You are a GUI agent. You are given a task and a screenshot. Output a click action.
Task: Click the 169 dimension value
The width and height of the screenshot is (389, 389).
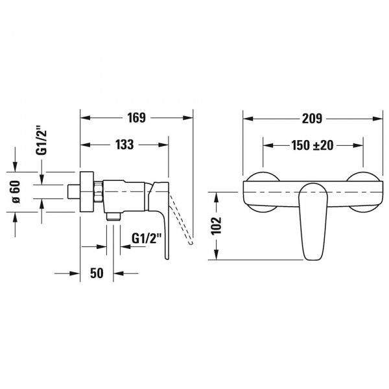pyautogui.click(x=136, y=117)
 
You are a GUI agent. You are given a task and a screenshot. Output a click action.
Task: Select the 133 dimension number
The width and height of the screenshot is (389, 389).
pyautogui.click(x=124, y=145)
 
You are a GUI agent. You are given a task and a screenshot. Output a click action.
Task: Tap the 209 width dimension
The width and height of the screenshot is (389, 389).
pyautogui.click(x=312, y=119)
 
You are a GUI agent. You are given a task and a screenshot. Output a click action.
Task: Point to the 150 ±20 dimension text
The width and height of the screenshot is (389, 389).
pyautogui.click(x=312, y=145)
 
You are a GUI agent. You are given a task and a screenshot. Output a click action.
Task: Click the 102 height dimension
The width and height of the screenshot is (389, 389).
pyautogui.click(x=216, y=226)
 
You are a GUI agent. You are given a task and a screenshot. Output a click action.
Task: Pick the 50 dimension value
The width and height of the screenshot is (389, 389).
pyautogui.click(x=97, y=273)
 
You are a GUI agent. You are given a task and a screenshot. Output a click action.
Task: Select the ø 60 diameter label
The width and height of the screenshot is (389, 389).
pyautogui.click(x=16, y=192)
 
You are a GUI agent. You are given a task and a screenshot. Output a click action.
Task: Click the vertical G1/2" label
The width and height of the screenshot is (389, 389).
pyautogui.click(x=41, y=141)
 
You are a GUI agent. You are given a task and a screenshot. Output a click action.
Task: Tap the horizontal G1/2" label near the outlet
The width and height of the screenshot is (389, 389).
pyautogui.click(x=147, y=239)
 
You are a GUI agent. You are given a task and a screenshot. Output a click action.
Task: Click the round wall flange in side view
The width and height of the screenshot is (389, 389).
pyautogui.click(x=87, y=192)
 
